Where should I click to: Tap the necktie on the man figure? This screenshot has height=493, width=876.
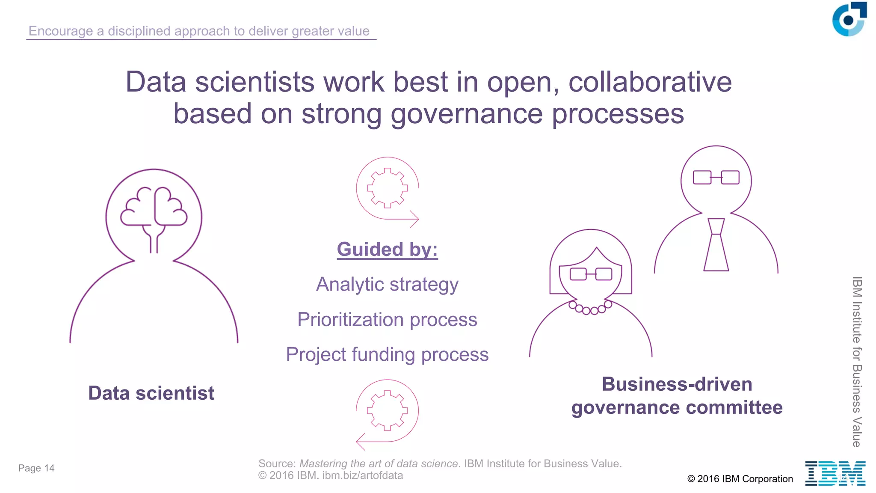tap(716, 246)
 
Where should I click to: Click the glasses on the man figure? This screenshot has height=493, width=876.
tap(716, 177)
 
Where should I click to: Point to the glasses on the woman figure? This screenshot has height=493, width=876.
tap(591, 274)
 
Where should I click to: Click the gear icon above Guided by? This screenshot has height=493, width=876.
tap(388, 188)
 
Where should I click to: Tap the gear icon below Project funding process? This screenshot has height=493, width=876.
tap(388, 410)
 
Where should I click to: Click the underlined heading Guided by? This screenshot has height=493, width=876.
tap(387, 249)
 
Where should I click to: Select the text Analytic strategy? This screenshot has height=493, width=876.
tap(387, 285)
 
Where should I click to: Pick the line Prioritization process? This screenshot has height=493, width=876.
tap(387, 320)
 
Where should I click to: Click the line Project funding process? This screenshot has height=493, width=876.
tap(387, 355)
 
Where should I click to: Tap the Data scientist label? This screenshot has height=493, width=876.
tap(151, 393)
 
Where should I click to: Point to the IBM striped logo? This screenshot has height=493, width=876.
tap(835, 473)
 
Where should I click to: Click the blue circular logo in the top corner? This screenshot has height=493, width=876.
tap(849, 20)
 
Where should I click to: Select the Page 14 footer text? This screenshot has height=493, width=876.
tap(36, 468)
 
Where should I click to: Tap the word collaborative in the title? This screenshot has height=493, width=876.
tap(650, 82)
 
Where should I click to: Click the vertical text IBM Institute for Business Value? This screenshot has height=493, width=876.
tap(857, 362)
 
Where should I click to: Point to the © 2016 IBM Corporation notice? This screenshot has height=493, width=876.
tap(740, 479)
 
